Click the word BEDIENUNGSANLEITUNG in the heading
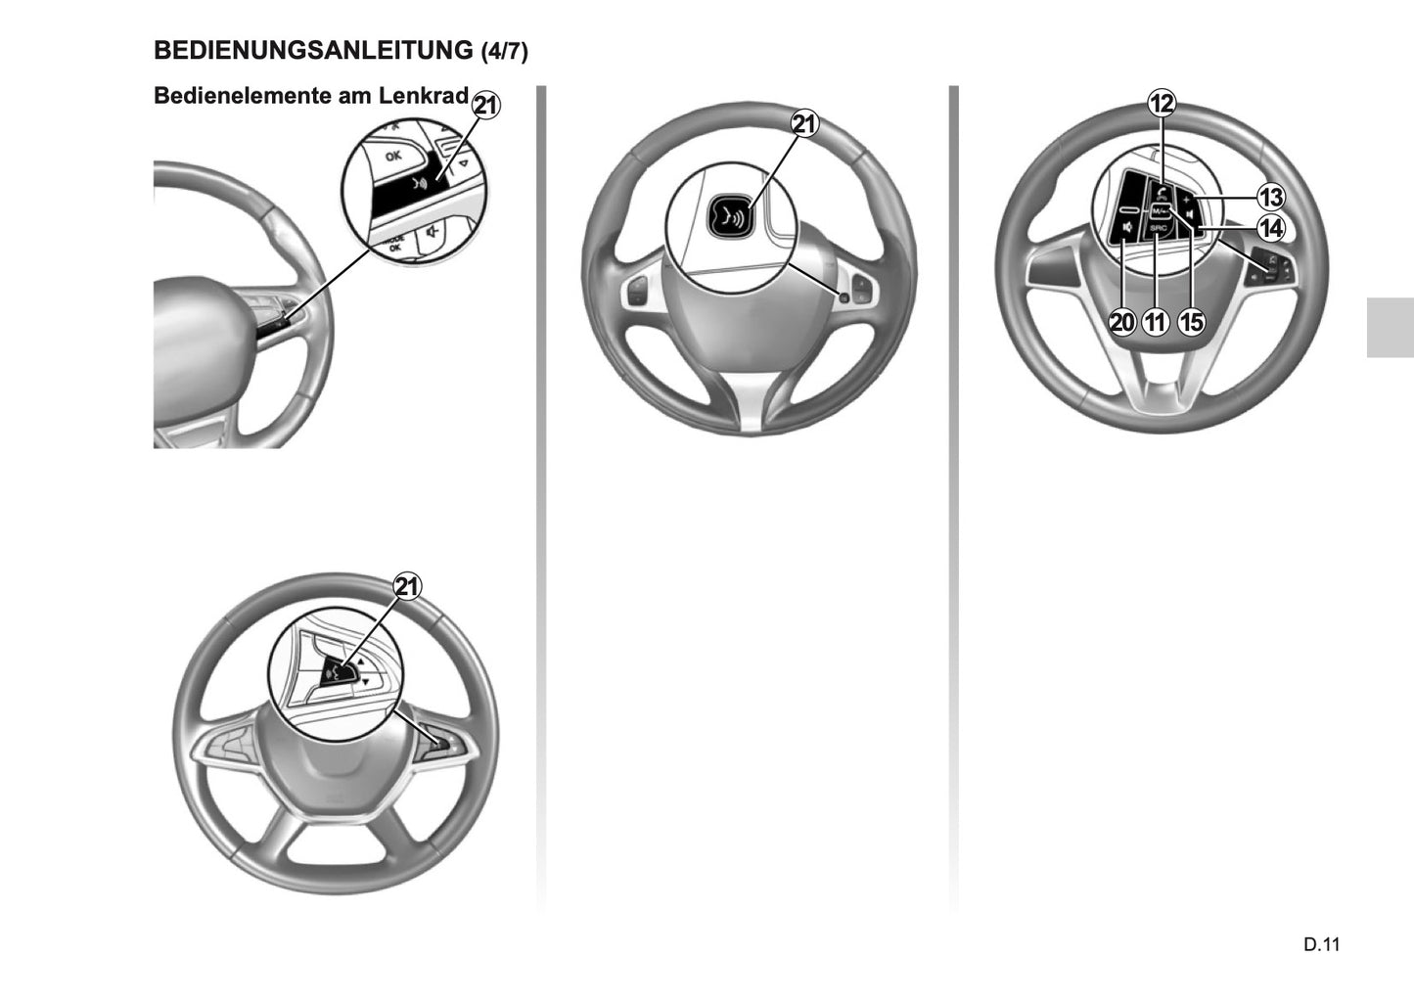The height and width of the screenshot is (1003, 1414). click(313, 50)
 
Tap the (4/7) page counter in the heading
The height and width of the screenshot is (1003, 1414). click(505, 52)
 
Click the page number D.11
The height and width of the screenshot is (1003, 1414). click(1320, 944)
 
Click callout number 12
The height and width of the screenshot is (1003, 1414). click(1162, 102)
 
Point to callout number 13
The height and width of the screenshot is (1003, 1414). click(1270, 198)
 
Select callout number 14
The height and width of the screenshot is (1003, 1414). click(1270, 229)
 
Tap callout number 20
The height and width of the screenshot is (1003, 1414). click(1122, 321)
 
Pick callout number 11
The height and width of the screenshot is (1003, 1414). click(1156, 321)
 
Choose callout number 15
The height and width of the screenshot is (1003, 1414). click(1191, 321)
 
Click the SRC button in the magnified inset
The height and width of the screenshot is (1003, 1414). click(1159, 228)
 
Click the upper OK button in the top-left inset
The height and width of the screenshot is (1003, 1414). click(392, 156)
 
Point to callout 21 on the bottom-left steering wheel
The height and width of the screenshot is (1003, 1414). click(407, 586)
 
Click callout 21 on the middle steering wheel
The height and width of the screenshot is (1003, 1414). click(804, 124)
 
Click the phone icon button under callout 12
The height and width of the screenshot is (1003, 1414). click(1161, 193)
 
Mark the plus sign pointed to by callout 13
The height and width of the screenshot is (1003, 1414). click(1187, 199)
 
